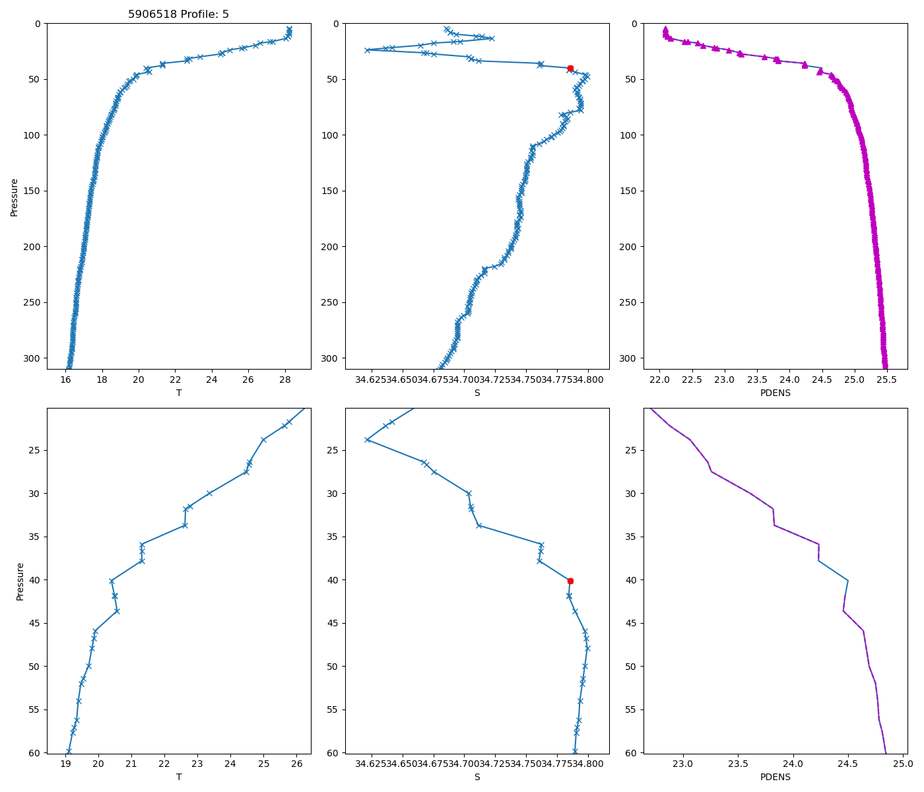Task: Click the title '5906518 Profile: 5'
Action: pos(178,14)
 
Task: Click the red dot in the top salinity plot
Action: pos(570,68)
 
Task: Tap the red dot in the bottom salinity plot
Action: pos(570,581)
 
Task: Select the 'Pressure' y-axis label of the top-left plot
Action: pos(14,197)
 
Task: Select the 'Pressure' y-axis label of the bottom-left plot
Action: pos(20,581)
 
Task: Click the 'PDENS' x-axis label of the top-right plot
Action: pos(775,393)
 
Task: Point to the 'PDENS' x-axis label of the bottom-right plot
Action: pos(775,777)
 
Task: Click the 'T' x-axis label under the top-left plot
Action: pos(178,393)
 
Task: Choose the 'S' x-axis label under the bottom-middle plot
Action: pos(477,777)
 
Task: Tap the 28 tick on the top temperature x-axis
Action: pos(285,379)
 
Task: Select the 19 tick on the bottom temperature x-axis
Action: pos(65,764)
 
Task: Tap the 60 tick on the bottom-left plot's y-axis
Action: pos(36,753)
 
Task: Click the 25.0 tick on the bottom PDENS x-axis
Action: pos(903,764)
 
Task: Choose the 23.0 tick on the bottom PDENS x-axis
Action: pos(682,764)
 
